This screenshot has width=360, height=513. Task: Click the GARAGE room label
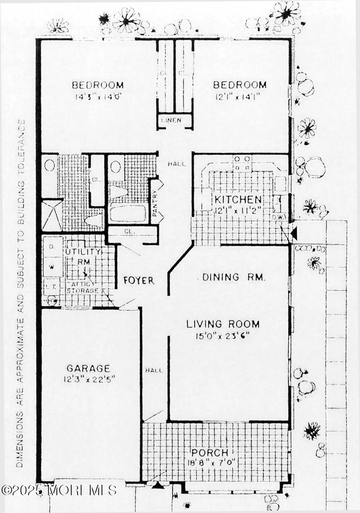click(x=88, y=368)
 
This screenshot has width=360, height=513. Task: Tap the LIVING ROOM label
click(x=223, y=324)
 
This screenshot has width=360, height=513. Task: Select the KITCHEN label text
click(x=238, y=199)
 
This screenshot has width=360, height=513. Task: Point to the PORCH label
click(x=210, y=453)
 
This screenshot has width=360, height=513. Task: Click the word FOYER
click(x=139, y=280)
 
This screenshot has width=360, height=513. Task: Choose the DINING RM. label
click(x=234, y=277)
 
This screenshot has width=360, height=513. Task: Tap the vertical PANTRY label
click(x=155, y=203)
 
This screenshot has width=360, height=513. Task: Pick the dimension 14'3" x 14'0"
click(x=98, y=97)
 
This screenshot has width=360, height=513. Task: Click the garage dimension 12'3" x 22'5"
click(x=89, y=379)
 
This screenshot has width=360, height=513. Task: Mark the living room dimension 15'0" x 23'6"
click(x=223, y=336)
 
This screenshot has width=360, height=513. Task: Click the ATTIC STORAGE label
click(x=83, y=288)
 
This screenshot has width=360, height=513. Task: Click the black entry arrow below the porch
click(x=158, y=485)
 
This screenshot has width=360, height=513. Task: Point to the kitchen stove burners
click(x=242, y=163)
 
